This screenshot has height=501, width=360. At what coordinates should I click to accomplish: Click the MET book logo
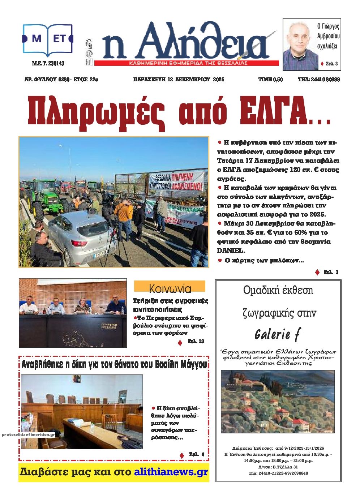[48, 39]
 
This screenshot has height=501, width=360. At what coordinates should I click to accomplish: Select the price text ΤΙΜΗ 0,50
[270, 80]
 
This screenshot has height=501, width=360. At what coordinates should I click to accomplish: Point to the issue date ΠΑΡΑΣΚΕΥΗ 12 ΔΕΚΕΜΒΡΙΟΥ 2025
[179, 80]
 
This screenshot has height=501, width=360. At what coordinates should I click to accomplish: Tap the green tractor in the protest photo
[47, 201]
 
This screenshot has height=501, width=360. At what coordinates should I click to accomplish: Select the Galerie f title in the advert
[278, 334]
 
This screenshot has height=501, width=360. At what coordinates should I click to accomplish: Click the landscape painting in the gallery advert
[277, 401]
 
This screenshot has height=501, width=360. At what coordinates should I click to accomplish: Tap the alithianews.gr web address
[171, 472]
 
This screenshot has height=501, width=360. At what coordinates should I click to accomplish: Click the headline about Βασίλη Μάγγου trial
[114, 364]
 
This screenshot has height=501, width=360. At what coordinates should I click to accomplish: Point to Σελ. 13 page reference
[196, 341]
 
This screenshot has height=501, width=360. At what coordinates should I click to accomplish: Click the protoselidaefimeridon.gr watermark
[28, 435]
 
